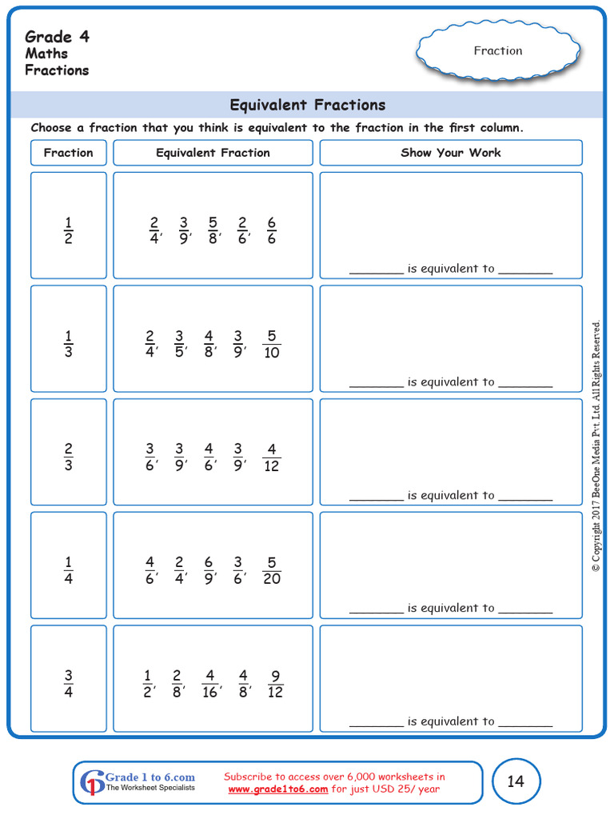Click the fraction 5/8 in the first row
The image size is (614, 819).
213,230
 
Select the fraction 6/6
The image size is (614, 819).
272,230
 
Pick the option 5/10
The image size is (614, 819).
272,344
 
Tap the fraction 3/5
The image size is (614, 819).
179,344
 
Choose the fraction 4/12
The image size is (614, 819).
272,457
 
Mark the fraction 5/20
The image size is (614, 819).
272,570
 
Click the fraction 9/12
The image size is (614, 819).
275,684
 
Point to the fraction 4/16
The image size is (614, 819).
210,684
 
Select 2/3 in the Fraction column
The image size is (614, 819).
68,457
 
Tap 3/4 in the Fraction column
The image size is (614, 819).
68,684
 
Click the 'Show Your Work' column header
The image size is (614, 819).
451,153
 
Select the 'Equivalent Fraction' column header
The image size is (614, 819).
213,153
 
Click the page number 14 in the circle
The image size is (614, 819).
516,781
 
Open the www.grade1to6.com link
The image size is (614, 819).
278,789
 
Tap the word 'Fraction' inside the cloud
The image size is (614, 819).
498,51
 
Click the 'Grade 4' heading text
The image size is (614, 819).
59,37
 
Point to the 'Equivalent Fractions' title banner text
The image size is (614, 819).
308,105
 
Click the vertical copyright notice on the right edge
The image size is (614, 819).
596,446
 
